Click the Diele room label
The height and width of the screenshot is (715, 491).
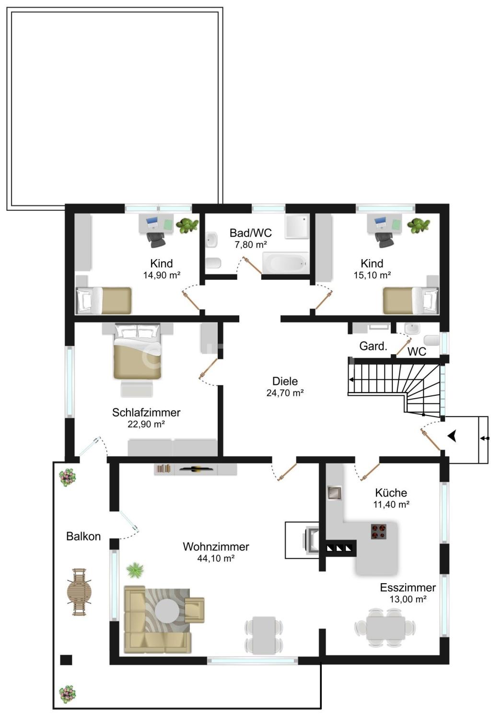(x=285, y=381)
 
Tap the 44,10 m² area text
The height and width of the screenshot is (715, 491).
(x=216, y=558)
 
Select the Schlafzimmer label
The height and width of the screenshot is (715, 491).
(x=146, y=413)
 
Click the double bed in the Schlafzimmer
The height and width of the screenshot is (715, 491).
(x=137, y=351)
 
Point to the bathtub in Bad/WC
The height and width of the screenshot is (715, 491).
(x=286, y=263)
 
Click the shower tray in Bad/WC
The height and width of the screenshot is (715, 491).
(x=297, y=226)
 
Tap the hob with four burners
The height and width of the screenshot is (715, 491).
(x=378, y=531)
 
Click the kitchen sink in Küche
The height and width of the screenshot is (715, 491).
(x=334, y=493)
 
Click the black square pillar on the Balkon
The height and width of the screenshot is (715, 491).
(x=66, y=660)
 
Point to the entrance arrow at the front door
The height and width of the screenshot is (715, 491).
(x=452, y=436)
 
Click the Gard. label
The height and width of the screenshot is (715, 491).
(x=373, y=346)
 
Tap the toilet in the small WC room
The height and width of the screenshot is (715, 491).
(x=432, y=340)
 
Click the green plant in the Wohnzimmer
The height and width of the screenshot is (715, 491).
(x=135, y=570)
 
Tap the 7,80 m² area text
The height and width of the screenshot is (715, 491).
(x=251, y=245)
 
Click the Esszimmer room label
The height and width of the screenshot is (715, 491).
(x=408, y=588)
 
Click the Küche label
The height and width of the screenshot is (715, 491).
(x=391, y=493)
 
